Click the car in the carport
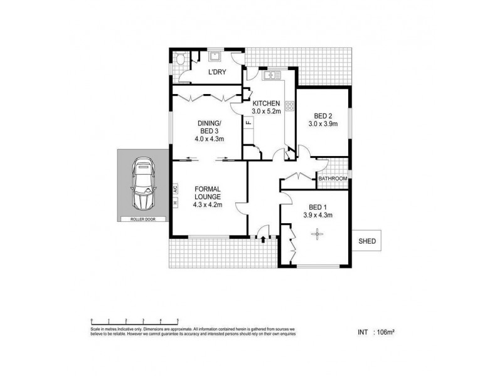click(x=141, y=186)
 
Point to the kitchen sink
click(x=271, y=76)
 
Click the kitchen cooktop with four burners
click(x=290, y=106)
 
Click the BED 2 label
click(x=324, y=115)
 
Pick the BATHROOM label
click(x=332, y=179)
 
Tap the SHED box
click(x=366, y=240)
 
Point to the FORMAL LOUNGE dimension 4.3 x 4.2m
click(x=207, y=204)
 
